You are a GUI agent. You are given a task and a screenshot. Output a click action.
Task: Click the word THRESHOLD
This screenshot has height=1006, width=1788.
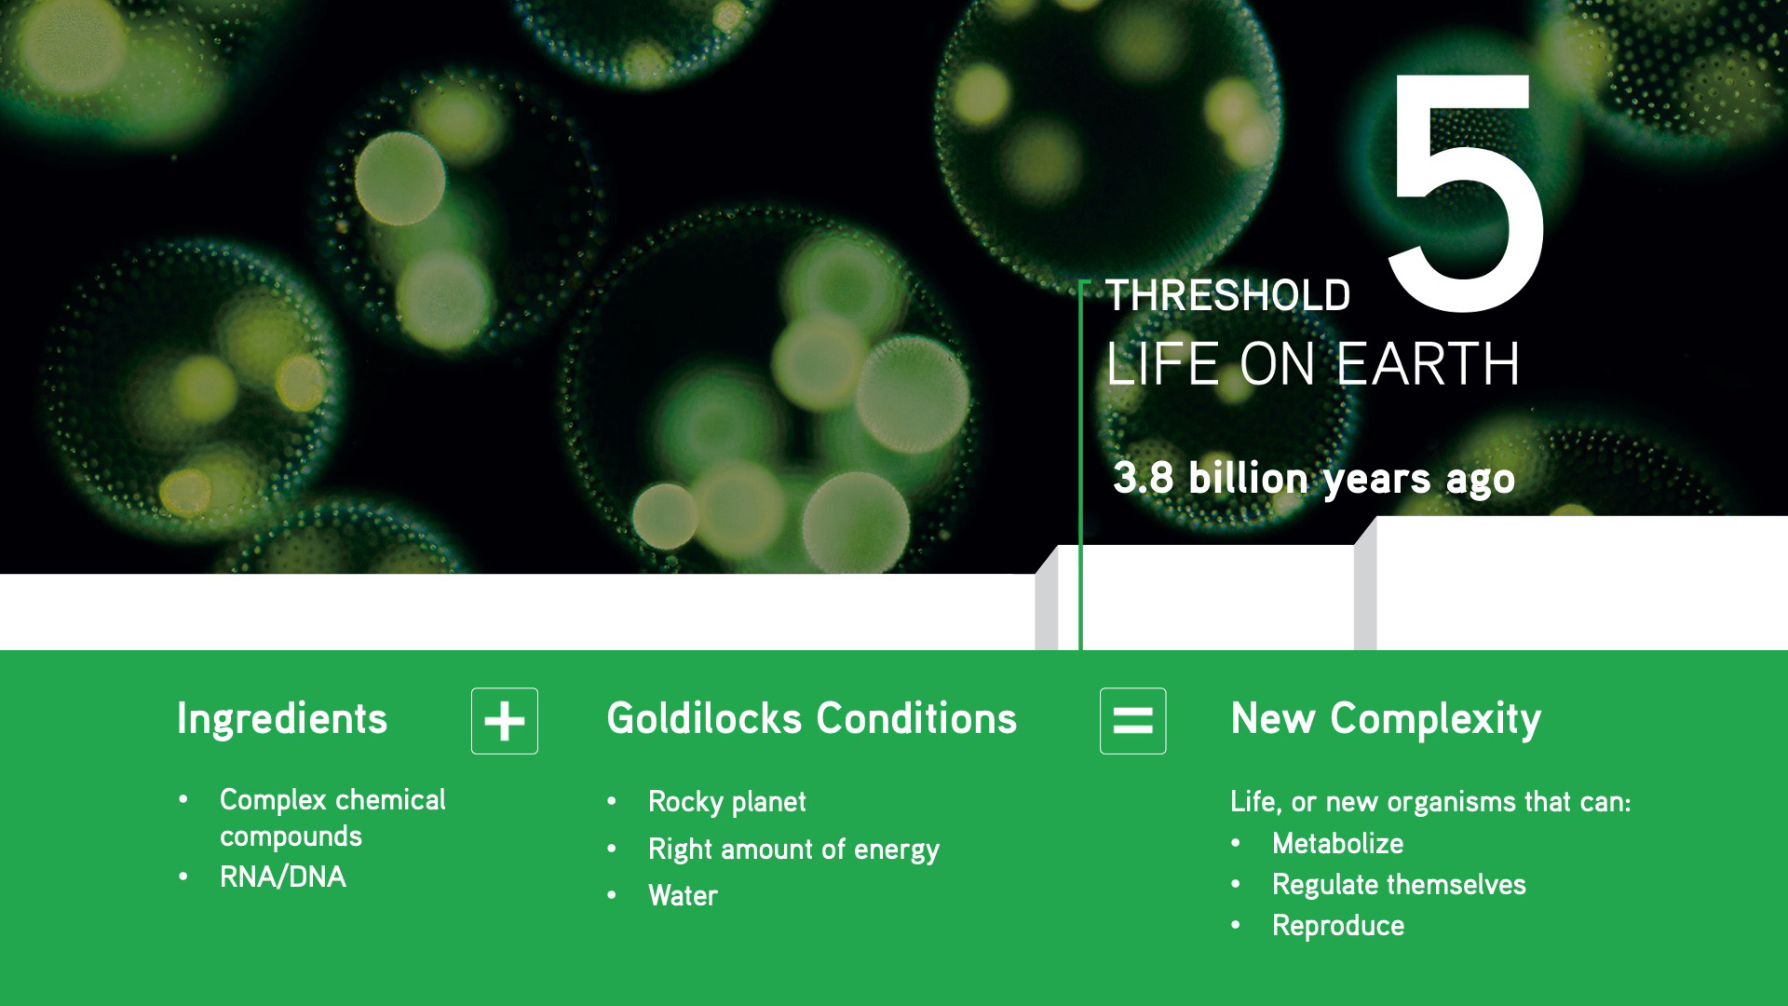[1227, 296]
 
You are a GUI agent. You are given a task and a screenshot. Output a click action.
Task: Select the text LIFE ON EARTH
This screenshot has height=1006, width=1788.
[1313, 364]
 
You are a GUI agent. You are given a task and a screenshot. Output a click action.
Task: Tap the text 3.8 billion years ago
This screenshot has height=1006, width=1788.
[1314, 479]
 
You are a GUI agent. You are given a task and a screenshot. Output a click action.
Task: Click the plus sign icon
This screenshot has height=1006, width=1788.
[505, 721]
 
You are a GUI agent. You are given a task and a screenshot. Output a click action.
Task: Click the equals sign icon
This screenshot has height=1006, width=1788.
[1132, 721]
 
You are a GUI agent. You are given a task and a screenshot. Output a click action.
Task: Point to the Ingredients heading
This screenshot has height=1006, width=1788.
[282, 719]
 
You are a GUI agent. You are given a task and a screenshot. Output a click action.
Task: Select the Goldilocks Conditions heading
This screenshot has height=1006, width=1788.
[811, 719]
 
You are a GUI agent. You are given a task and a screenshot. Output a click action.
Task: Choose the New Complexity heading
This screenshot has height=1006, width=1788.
[1386, 719]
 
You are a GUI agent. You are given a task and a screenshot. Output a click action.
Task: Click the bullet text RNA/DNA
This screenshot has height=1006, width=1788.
[282, 877]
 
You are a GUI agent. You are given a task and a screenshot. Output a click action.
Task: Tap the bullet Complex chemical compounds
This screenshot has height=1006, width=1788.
[332, 818]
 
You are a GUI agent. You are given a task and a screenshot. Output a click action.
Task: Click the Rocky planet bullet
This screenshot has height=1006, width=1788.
[726, 802]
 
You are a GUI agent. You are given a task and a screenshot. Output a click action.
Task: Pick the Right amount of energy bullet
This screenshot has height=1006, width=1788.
[793, 850]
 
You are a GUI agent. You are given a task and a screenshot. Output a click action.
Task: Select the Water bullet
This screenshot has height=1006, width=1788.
[683, 896]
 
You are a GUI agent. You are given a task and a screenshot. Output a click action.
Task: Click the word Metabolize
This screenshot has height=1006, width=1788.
[1337, 844]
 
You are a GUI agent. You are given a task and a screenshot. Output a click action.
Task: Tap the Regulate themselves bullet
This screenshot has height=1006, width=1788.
[1399, 885]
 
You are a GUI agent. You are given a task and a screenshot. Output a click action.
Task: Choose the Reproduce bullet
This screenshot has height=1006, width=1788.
[1338, 926]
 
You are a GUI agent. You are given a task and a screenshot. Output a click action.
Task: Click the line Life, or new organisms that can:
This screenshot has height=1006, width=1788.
[1430, 802]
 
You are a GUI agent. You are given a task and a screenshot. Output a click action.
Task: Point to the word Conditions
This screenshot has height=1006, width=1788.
[916, 719]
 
